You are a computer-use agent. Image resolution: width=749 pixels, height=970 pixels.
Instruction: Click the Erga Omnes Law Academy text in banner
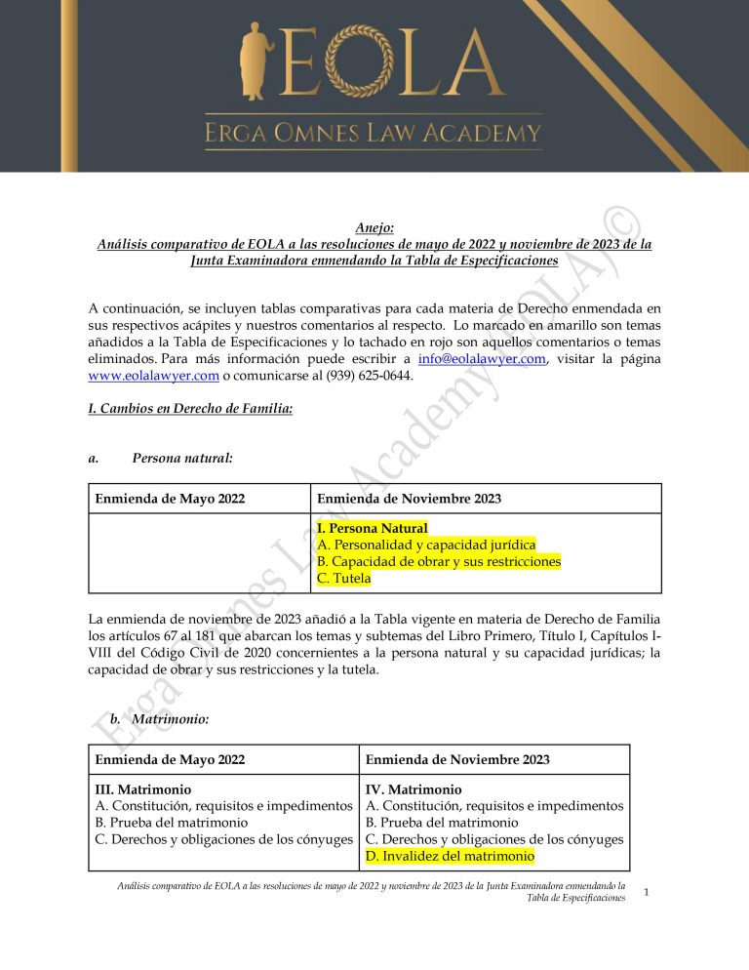(373, 134)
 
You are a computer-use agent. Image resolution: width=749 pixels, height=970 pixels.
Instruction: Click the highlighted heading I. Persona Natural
(373, 528)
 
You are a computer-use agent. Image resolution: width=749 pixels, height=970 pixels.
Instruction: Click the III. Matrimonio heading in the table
(142, 788)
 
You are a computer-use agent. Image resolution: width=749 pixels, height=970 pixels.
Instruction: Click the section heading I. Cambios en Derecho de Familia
(190, 409)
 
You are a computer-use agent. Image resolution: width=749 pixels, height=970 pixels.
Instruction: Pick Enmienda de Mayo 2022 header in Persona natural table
(170, 499)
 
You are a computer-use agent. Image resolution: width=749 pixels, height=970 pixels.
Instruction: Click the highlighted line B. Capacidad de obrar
(439, 561)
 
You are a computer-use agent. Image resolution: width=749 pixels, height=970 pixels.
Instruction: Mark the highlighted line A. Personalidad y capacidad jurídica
(426, 545)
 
